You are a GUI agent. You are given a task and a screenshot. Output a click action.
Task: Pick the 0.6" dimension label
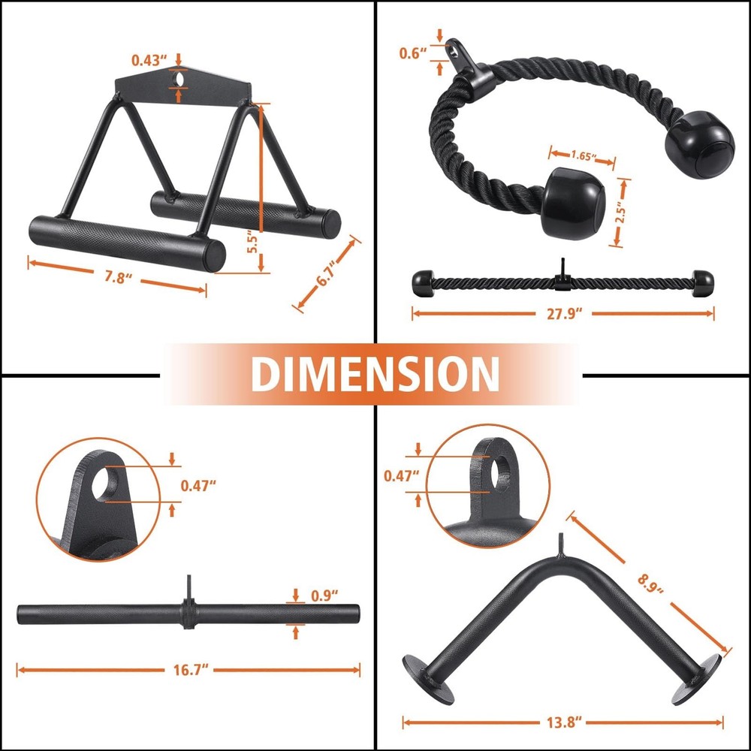(x=412, y=53)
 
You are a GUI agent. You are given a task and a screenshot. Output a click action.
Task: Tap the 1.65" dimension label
(x=584, y=157)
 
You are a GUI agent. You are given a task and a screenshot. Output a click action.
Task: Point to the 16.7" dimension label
(x=189, y=668)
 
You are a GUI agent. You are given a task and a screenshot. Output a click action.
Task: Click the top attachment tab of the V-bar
(x=560, y=544)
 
